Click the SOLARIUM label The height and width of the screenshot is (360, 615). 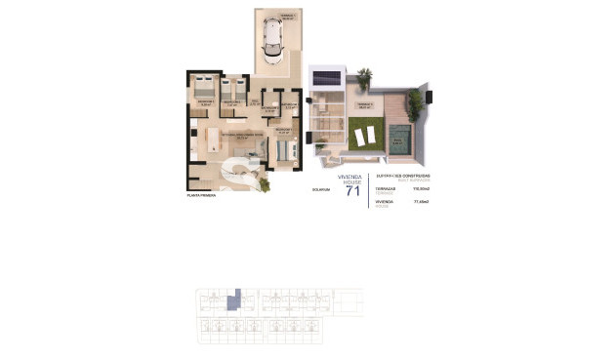(321, 189)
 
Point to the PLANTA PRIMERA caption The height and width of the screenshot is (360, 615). (201, 195)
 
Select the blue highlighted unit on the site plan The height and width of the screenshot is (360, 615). (232, 302)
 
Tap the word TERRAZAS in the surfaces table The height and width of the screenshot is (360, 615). (383, 188)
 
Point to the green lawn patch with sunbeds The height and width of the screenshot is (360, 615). (365, 134)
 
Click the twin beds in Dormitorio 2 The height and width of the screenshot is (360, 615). (231, 86)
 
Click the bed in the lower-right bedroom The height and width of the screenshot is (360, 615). (284, 150)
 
